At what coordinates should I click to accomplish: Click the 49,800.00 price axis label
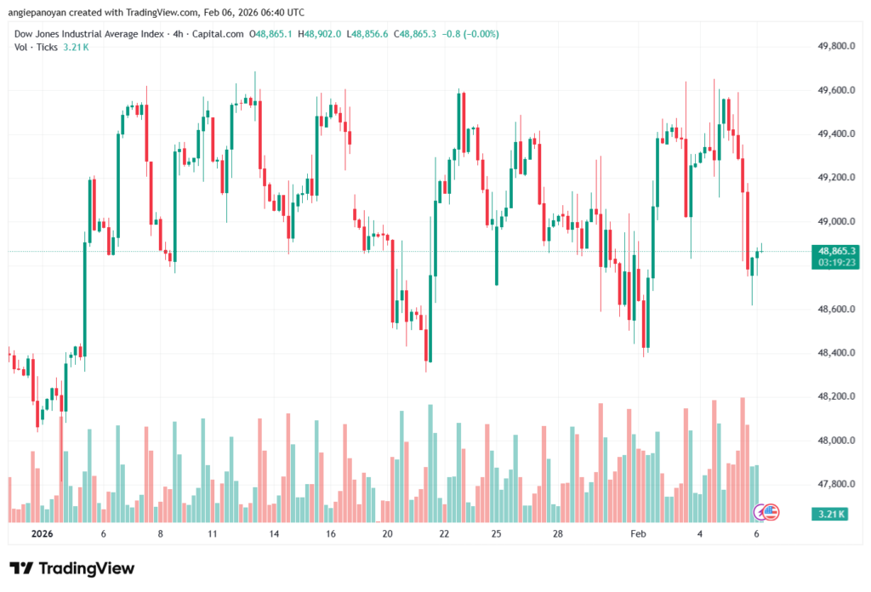[x=834, y=46]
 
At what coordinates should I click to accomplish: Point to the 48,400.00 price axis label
[x=834, y=353]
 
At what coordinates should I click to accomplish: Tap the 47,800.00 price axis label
[x=834, y=485]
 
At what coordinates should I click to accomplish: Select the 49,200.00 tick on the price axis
[x=834, y=178]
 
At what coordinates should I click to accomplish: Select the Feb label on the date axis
[x=637, y=534]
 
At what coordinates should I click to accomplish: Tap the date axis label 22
[x=444, y=534]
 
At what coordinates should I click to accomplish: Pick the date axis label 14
[x=275, y=534]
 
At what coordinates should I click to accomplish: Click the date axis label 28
[x=558, y=534]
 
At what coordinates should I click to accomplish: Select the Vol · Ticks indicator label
[x=35, y=47]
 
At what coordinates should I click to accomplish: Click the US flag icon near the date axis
[x=771, y=512]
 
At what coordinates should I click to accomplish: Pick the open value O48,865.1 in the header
[x=272, y=34]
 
